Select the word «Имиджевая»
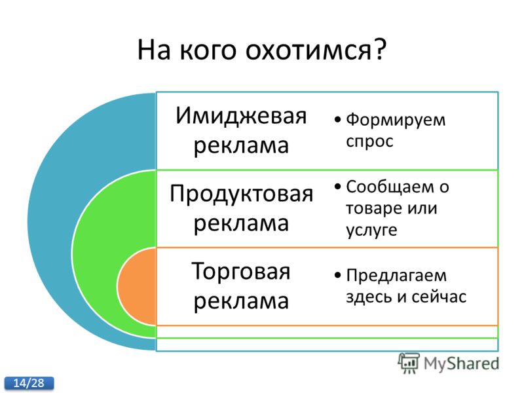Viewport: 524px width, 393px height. point(241,116)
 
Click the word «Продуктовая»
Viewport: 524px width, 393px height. point(241,195)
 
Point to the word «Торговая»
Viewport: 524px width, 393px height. point(240,271)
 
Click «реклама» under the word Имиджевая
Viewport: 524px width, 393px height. point(241,146)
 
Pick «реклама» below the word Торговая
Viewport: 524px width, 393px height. point(241,301)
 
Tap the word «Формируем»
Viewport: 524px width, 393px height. point(396,121)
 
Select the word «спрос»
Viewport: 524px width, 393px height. point(369,141)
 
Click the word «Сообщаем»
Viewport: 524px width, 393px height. point(392,187)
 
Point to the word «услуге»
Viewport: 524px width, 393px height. point(371,231)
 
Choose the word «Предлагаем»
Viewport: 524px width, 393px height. point(396,276)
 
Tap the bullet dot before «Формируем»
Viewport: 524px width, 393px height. point(338,120)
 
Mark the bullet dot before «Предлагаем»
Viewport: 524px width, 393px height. point(338,275)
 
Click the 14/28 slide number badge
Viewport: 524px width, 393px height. point(29,383)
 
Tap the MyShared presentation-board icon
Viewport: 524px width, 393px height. point(409,363)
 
